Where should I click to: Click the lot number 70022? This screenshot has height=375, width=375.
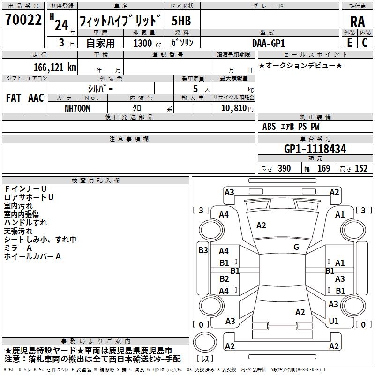tap(23, 20)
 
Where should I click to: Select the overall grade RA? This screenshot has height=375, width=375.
tap(357, 22)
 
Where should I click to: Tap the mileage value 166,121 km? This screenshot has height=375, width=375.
tap(55, 67)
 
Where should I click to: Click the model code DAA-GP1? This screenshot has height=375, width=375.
tap(268, 43)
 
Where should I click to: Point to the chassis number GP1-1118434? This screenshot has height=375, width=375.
tap(315, 149)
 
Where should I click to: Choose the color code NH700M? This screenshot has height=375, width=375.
tap(77, 108)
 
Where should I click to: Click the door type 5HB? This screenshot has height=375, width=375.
tap(181, 21)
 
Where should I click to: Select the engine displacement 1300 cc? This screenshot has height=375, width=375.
tap(147, 44)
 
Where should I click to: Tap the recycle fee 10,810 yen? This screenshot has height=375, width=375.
tap(237, 108)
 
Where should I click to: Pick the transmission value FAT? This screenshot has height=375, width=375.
tap(14, 98)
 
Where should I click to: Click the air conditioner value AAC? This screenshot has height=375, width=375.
tap(36, 98)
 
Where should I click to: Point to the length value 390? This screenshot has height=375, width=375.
tap(284, 169)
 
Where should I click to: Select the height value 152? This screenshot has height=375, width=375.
tap(361, 169)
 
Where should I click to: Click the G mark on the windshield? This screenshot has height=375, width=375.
tap(296, 247)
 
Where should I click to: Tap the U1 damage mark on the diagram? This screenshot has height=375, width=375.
tap(334, 321)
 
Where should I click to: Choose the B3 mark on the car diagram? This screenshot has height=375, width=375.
tap(203, 250)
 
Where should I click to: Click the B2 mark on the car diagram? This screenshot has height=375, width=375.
tap(224, 279)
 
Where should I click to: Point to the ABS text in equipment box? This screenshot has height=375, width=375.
tap(269, 127)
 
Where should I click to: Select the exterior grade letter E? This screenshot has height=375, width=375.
tap(350, 43)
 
